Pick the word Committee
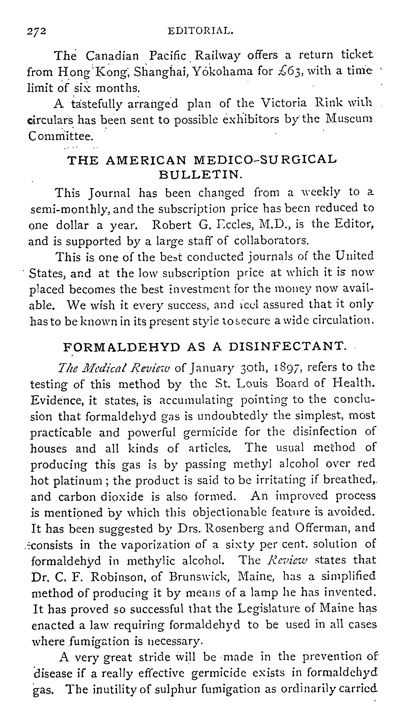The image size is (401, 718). pyautogui.click(x=60, y=136)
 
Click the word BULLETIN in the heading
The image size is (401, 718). pyautogui.click(x=201, y=175)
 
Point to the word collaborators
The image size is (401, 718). pyautogui.click(x=271, y=240)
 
